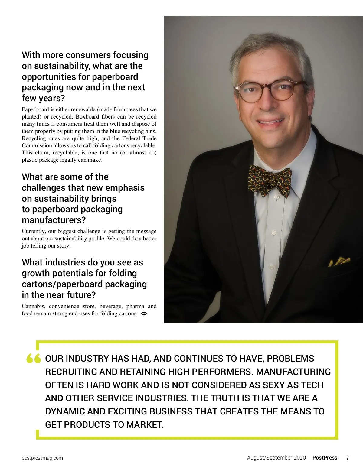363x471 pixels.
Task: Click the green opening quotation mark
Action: pos(34,359)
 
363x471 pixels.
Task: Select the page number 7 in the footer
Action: pos(348,458)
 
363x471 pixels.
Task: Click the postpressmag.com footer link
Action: pos(42,458)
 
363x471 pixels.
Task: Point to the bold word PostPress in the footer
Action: pos(325,458)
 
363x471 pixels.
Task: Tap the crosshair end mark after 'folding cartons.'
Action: pos(144,313)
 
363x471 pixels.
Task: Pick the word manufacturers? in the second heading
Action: pos(54,220)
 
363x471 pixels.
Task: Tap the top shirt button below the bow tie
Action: pos(276,197)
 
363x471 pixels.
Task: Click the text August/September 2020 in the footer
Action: pos(276,458)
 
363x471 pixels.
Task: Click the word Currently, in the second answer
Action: pos(34,231)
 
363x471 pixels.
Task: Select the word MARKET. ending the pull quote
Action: pos(145,425)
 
